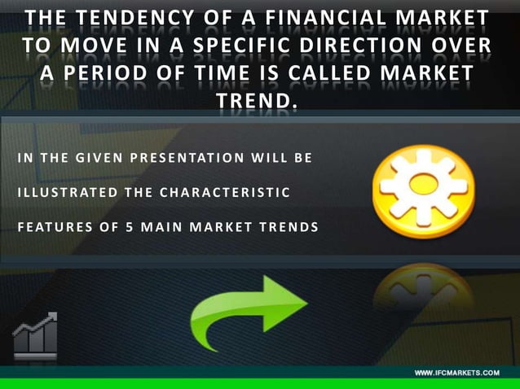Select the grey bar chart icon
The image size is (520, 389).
point(34,334)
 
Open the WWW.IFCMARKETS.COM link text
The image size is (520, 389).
point(457,373)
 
